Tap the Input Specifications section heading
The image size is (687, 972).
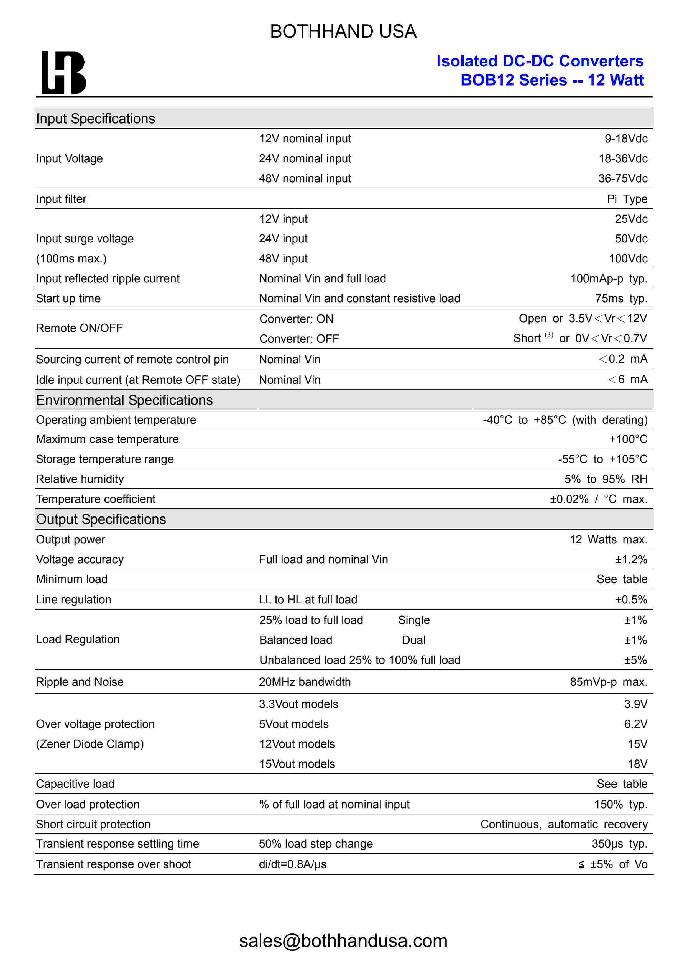[95, 119]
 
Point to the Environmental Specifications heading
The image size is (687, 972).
[124, 400]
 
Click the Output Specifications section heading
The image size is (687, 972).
[101, 520]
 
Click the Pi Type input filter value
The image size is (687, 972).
[627, 199]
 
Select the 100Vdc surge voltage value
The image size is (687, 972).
[628, 259]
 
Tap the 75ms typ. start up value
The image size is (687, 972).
[621, 298]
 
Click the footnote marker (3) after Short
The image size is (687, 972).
[549, 335]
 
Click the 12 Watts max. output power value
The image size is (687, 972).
[608, 540]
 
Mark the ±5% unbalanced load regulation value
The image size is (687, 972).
[635, 660]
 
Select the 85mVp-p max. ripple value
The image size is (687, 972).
[608, 682]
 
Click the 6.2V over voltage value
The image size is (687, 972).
[635, 724]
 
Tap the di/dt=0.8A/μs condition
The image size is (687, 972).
[292, 864]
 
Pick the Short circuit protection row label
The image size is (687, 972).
[93, 824]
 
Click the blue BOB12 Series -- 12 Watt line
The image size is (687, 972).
[552, 80]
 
